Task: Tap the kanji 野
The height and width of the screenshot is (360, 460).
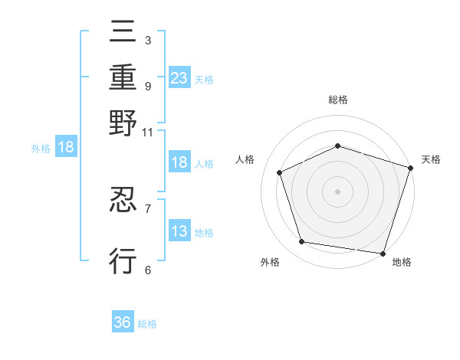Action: point(123,123)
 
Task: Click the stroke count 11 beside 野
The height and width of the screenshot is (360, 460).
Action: point(147,132)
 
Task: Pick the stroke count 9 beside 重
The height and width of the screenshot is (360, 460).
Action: point(147,86)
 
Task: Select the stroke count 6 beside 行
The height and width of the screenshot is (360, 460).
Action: point(147,270)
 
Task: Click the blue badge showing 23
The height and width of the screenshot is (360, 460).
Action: point(179,77)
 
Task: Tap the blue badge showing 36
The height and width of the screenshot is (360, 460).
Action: point(123,322)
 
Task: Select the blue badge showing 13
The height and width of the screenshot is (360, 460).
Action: point(179,231)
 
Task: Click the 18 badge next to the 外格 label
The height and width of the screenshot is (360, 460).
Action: point(66,147)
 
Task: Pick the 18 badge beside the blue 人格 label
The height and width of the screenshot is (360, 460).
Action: point(179,162)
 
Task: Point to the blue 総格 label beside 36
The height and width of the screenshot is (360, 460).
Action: point(147,324)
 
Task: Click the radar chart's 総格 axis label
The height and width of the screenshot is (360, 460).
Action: point(337,100)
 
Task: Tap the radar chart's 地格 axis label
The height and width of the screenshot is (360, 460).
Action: point(402,263)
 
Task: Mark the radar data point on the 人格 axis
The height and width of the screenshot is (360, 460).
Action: point(280,173)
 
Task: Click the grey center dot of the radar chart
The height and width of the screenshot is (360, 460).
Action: point(337,191)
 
